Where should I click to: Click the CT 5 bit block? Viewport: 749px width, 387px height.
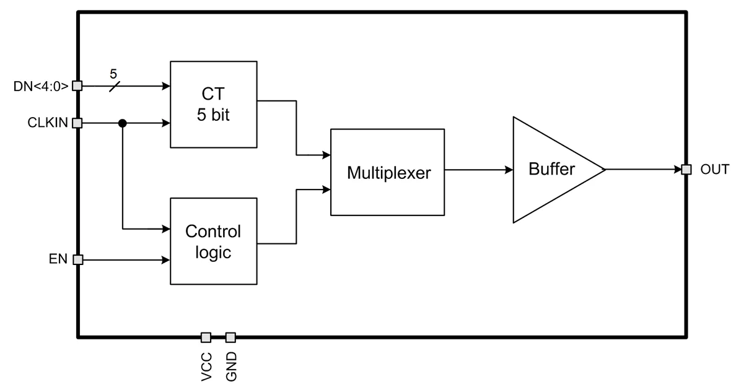coord(213,104)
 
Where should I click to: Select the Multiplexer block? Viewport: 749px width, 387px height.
coord(388,172)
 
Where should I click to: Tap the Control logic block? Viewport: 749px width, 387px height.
coord(213,241)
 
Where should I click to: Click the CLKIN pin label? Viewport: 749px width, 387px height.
coord(46,123)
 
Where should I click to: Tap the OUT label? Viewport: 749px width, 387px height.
coord(715,169)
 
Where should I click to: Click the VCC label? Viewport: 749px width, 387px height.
coord(207,366)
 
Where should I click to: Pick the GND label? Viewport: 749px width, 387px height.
coord(231,367)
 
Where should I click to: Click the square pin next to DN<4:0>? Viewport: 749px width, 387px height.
coord(77,86)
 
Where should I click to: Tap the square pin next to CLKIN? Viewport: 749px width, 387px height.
coord(77,123)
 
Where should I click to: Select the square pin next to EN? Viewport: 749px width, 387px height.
coord(77,260)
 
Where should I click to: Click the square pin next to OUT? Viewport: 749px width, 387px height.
coord(686,170)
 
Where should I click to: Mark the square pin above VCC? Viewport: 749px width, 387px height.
coord(206,337)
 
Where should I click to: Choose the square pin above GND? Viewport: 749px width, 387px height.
coord(230,337)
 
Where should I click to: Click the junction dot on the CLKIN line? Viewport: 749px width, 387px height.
coord(123,123)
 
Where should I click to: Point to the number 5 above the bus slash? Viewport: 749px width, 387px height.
coord(113,74)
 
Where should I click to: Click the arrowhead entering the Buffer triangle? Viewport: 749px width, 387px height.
coord(509,170)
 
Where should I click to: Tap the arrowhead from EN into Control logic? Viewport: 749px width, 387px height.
coord(166,260)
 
